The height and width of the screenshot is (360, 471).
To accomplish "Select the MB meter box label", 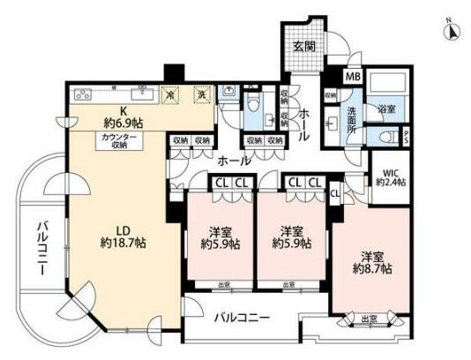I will [352, 78].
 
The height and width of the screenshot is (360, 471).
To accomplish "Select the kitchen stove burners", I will [82, 94].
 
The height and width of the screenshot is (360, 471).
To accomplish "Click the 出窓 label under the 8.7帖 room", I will [369, 319].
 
